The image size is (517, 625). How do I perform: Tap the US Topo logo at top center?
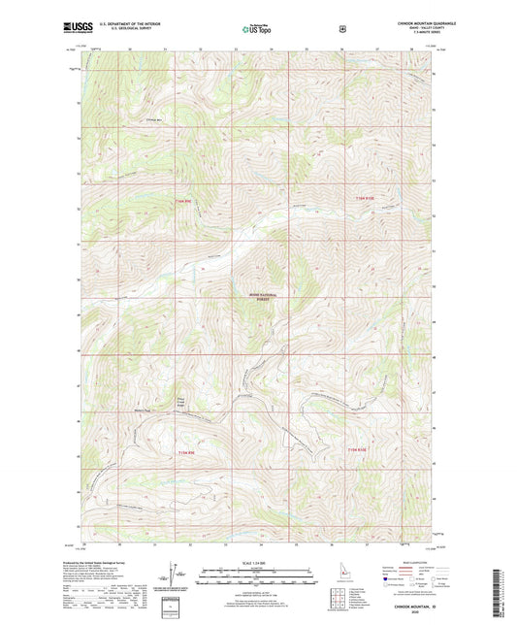point(257,30)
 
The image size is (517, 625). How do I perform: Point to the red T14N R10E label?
point(362,199)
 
